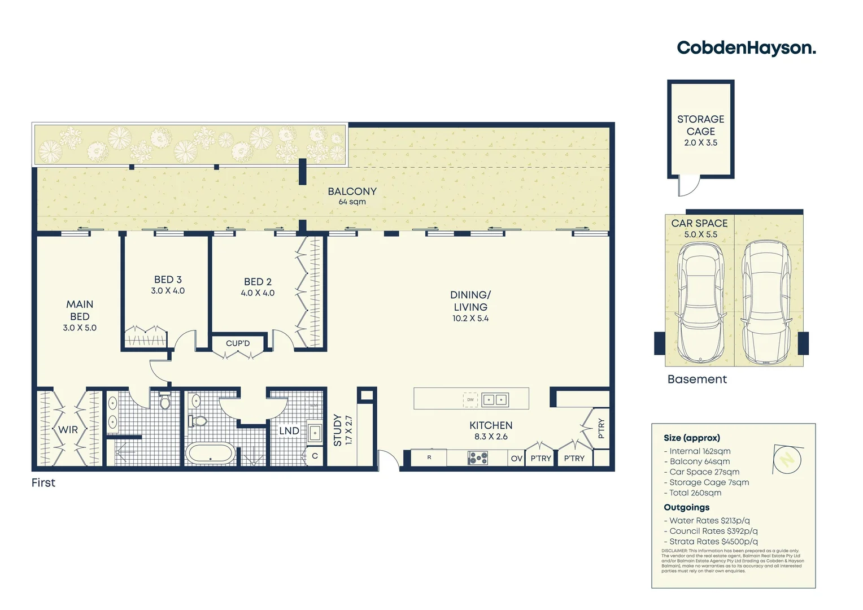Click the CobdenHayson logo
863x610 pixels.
(746, 48)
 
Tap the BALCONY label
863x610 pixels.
(352, 191)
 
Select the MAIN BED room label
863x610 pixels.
(80, 310)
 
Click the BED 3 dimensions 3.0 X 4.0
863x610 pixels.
(168, 291)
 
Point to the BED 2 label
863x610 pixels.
(258, 281)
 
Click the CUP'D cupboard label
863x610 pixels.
(238, 343)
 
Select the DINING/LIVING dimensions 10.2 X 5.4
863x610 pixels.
(470, 319)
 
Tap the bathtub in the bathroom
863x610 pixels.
(210, 454)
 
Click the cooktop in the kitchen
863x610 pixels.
(478, 458)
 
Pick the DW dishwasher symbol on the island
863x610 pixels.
(470, 400)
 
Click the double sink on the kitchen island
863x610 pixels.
(495, 400)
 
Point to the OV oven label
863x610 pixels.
(516, 459)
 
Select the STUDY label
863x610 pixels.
(338, 430)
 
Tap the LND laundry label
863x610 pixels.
(289, 431)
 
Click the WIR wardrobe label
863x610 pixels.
(68, 430)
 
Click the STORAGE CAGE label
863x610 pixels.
(700, 125)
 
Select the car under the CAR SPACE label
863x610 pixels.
(700, 302)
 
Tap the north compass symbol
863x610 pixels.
(787, 459)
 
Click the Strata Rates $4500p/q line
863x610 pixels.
(711, 542)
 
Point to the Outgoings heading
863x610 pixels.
(686, 507)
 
